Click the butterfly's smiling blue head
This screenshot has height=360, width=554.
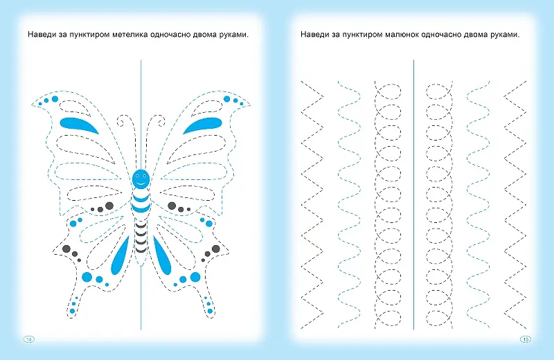point(141,179)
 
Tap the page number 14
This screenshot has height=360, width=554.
point(29,339)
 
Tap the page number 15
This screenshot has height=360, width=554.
point(526,339)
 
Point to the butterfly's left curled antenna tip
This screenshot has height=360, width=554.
point(121,123)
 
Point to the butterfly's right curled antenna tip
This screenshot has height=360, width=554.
point(161,123)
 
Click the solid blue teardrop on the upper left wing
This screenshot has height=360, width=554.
point(79,125)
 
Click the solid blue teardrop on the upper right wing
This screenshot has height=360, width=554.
point(202,125)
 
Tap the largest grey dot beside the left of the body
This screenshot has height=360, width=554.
point(109,205)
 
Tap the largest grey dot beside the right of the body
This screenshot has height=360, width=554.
point(172,205)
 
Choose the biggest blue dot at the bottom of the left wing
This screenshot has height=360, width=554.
point(87,277)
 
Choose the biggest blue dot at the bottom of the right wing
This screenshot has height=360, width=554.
point(195,277)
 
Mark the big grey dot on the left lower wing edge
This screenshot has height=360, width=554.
point(66,249)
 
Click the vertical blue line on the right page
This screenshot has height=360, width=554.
point(413,195)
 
